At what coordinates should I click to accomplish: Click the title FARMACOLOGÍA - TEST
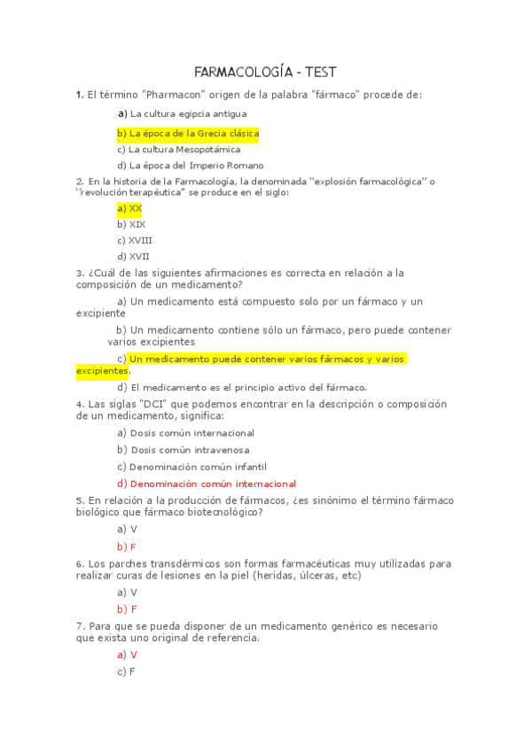(265, 73)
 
